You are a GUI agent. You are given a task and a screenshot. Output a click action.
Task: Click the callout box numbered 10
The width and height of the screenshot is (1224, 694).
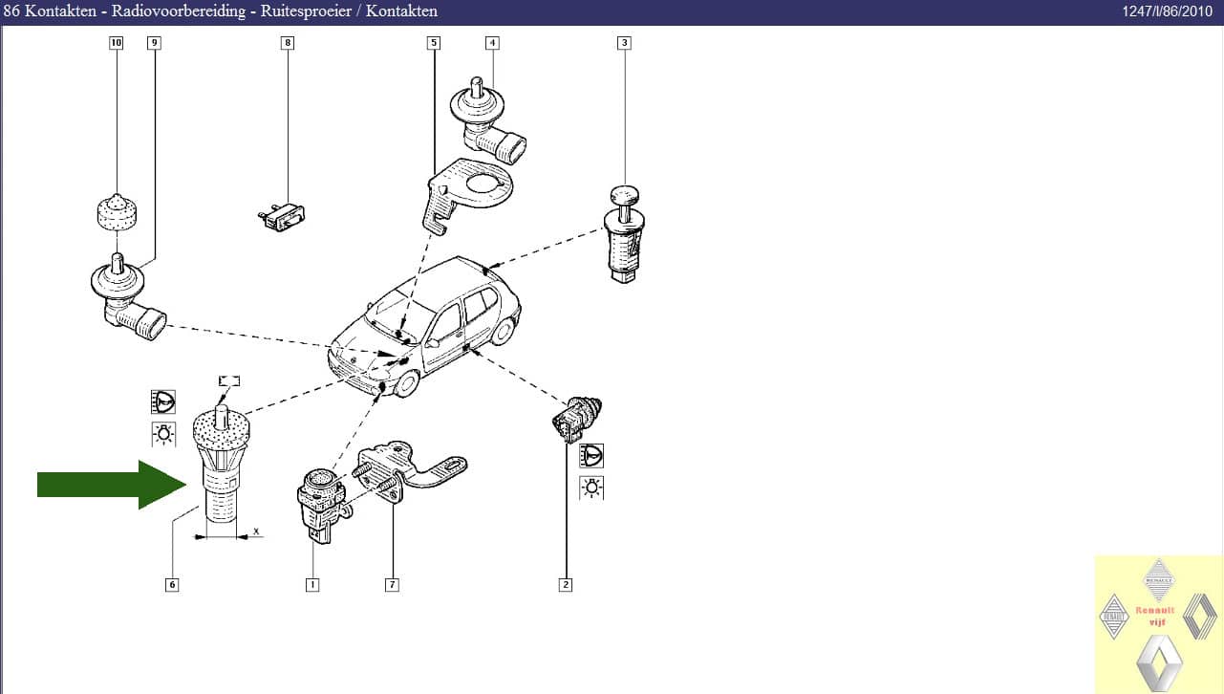(116, 43)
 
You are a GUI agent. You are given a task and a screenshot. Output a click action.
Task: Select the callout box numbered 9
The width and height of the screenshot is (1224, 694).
(154, 43)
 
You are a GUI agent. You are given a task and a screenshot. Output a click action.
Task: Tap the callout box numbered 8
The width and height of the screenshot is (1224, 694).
(288, 43)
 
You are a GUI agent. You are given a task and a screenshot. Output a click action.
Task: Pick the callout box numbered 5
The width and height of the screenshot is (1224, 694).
(433, 43)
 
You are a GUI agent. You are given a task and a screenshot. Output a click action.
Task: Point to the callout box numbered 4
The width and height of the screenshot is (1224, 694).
(492, 43)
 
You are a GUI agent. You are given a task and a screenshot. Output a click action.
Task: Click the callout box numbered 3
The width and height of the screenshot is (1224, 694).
(624, 43)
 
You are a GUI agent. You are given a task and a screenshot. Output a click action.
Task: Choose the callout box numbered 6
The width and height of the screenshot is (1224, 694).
(172, 585)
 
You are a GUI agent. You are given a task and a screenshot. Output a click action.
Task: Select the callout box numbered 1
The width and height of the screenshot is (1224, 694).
(312, 585)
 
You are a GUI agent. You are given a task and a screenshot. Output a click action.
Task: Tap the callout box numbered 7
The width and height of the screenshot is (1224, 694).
(392, 585)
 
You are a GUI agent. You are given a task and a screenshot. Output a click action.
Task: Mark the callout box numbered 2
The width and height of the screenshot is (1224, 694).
(566, 585)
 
